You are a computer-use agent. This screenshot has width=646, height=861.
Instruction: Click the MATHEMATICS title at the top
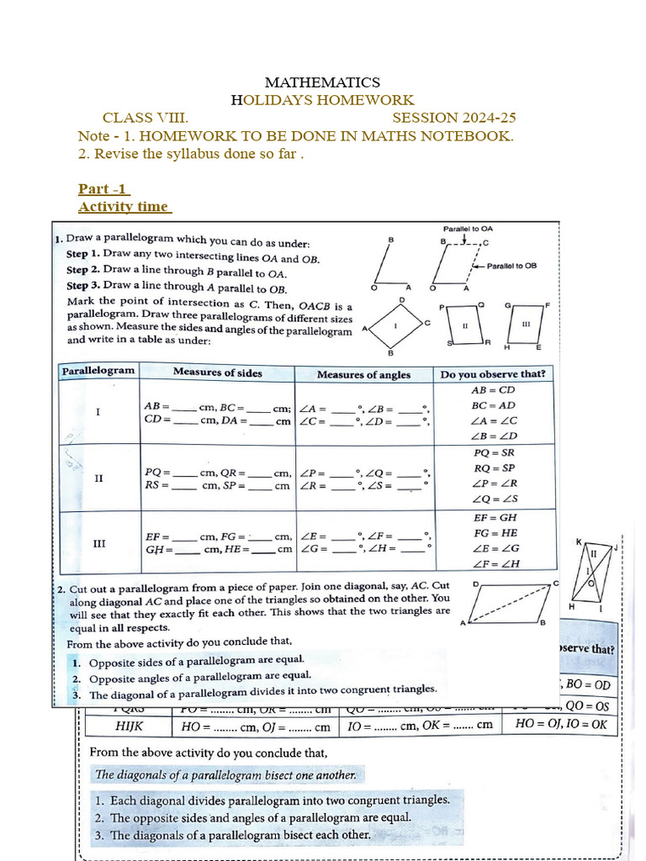(x=322, y=82)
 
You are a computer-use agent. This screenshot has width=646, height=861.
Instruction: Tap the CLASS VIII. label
(x=146, y=118)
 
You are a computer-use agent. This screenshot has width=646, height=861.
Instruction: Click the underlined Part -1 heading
(x=103, y=188)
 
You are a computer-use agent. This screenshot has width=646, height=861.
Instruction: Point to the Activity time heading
(x=124, y=207)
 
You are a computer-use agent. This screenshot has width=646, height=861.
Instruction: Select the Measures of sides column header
(x=217, y=372)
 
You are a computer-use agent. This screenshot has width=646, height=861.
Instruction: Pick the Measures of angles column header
(x=363, y=374)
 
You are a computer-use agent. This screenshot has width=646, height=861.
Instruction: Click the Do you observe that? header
(x=493, y=374)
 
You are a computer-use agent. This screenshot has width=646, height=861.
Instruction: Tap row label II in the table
(x=98, y=478)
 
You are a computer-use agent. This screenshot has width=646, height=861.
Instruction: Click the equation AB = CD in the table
(x=493, y=390)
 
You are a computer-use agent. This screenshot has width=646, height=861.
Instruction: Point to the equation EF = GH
(x=496, y=518)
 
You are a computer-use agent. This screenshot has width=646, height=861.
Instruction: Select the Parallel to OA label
(x=468, y=229)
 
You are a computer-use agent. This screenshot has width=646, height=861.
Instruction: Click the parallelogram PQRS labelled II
(x=464, y=325)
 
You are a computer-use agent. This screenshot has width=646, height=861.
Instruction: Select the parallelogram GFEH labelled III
(x=527, y=324)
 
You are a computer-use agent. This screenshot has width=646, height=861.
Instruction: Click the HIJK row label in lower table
(x=129, y=724)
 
